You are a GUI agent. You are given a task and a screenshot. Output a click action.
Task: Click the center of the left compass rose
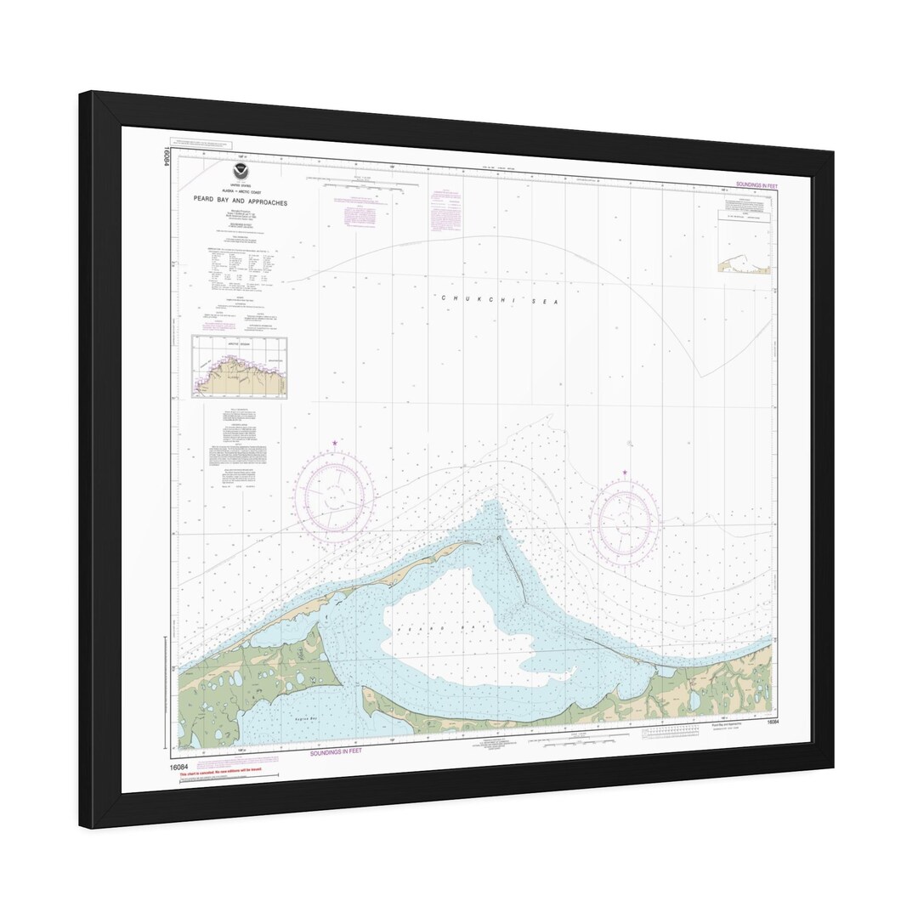point(334,496)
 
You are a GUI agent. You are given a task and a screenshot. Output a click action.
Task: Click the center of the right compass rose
point(626,520)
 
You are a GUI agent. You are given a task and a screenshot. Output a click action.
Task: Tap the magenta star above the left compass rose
point(335,444)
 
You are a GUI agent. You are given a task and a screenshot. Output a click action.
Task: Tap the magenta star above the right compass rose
point(625,473)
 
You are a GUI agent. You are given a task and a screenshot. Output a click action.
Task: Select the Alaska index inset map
point(239,367)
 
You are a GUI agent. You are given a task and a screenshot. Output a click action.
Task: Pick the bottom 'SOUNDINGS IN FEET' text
point(336,752)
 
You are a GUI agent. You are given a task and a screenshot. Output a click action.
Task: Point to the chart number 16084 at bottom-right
point(772,722)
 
